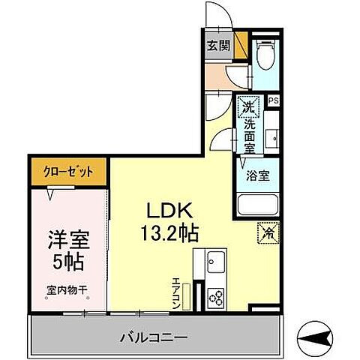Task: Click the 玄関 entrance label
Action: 217,45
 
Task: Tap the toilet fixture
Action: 263,53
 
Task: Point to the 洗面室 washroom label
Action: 249,136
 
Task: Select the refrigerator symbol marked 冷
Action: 267,232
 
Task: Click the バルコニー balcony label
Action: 152,334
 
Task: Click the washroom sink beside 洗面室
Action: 271,139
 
